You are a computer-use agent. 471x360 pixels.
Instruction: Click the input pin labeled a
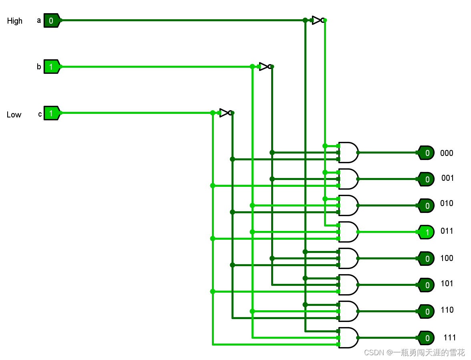tap(51, 20)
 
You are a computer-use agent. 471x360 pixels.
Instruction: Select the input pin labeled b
tap(51, 67)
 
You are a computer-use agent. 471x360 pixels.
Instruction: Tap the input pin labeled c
tap(51, 113)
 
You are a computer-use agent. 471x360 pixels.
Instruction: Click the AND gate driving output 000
tap(348, 152)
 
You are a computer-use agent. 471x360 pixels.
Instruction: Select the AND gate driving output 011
tap(348, 232)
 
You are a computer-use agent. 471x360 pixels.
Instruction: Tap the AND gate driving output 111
tap(348, 338)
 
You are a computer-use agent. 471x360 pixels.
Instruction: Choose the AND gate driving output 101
tap(348, 285)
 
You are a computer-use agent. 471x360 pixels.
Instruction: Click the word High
tap(15, 21)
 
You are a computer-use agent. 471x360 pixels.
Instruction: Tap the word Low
tap(14, 115)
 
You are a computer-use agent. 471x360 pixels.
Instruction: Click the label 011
tap(447, 231)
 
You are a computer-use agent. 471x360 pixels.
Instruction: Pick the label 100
tap(447, 258)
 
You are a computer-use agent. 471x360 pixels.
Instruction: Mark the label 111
tap(450, 337)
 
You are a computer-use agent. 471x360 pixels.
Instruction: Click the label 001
tap(448, 178)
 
